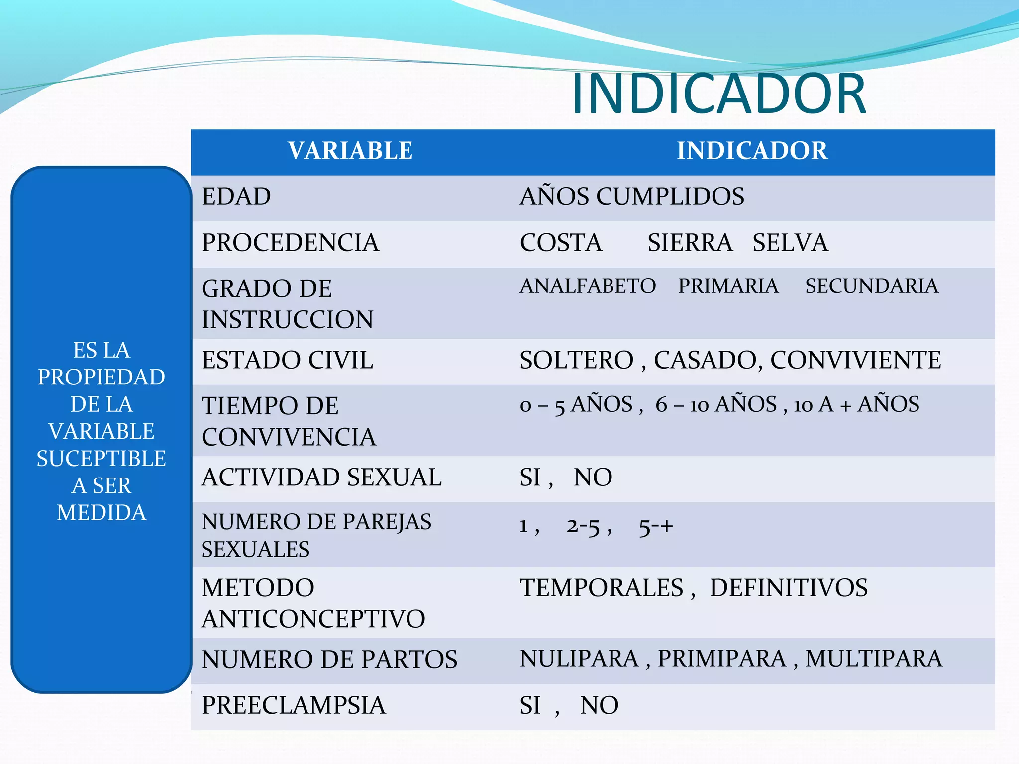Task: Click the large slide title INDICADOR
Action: click(x=719, y=94)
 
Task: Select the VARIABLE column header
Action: click(x=350, y=151)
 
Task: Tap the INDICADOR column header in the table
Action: click(x=752, y=151)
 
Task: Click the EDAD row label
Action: click(x=236, y=196)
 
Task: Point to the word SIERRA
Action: click(x=690, y=243)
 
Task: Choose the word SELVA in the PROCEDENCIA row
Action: click(x=790, y=243)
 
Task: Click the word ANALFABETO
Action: click(x=588, y=286)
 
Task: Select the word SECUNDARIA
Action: click(x=872, y=286)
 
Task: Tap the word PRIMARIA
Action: click(x=728, y=286)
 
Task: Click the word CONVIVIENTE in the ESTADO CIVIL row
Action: click(x=856, y=360)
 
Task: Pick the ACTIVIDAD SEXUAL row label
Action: click(x=321, y=477)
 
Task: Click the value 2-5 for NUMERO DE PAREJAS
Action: click(x=583, y=526)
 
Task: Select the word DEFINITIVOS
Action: click(x=789, y=588)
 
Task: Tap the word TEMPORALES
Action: click(x=602, y=588)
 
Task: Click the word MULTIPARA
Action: click(x=874, y=659)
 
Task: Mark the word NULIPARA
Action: click(x=579, y=659)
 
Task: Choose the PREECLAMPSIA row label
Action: click(x=294, y=705)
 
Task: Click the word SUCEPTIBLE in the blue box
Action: click(x=102, y=459)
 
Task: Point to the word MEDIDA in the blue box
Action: click(x=102, y=513)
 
